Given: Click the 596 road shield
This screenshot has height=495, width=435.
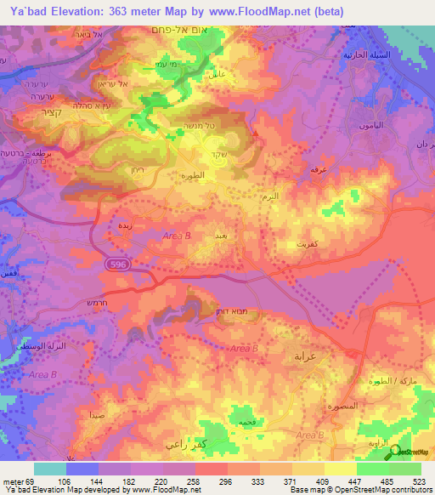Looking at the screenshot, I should pyautogui.click(x=119, y=266).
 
